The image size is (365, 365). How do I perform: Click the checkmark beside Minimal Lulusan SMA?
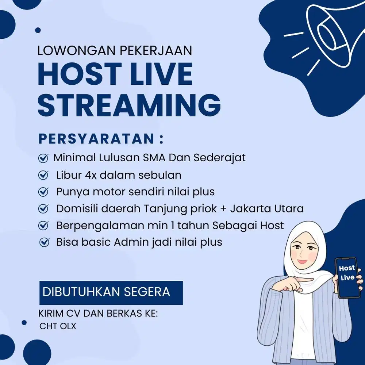coord(43,158)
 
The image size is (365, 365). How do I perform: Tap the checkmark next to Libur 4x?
coord(43,176)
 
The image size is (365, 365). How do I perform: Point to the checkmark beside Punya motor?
coord(43,192)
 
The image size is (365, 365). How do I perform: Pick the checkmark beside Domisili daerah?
coord(43,209)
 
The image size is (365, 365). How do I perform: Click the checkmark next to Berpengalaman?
coord(43,226)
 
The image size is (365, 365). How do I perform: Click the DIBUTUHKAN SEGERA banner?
coord(111,292)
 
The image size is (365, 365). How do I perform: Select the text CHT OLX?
coord(58,326)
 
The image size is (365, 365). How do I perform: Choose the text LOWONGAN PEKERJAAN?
coord(115,51)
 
